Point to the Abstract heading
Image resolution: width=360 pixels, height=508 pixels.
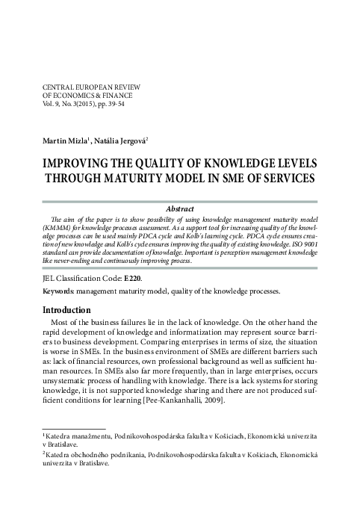click(179, 209)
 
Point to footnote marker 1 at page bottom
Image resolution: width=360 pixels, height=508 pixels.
click(44, 432)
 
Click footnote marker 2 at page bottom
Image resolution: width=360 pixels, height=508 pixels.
click(44, 452)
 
